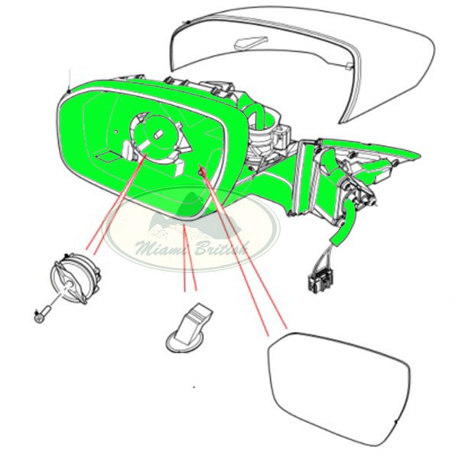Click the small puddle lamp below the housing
190,328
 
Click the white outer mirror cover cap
301,59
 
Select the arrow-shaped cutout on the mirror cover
251,42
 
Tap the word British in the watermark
222,248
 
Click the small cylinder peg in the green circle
158,135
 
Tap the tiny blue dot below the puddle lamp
194,387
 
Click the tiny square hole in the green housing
116,132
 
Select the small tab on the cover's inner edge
349,66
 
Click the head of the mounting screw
38,318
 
